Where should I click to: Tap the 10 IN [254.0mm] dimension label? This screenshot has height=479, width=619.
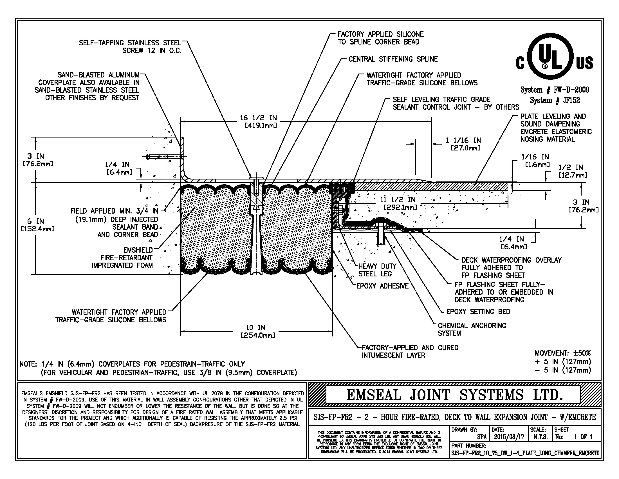258,331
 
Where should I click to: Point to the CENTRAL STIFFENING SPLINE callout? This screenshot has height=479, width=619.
393,59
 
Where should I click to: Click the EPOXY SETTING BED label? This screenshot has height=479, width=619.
478,312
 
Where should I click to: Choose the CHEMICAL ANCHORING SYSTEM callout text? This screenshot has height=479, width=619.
472,329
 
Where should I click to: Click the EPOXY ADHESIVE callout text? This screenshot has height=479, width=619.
382,286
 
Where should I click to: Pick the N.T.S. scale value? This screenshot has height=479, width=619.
540,437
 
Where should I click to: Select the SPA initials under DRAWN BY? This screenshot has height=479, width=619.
482,437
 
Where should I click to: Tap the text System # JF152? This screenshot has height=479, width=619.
555,100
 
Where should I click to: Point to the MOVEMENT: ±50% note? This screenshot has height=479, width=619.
563,353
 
